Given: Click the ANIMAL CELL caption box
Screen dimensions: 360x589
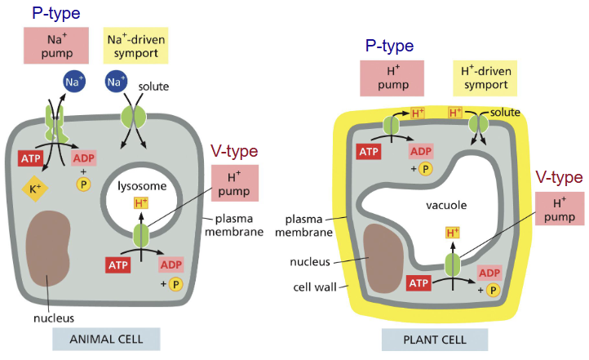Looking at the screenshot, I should pyautogui.click(x=105, y=339).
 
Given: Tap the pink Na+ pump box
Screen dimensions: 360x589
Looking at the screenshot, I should pyautogui.click(x=56, y=47).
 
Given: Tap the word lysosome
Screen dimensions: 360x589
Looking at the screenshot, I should pyautogui.click(x=142, y=186).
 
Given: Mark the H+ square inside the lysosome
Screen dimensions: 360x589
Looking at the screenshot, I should pyautogui.click(x=141, y=203).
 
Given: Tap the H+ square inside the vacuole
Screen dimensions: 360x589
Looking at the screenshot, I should pyautogui.click(x=451, y=233).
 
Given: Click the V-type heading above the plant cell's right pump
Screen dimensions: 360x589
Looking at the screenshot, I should pyautogui.click(x=559, y=177).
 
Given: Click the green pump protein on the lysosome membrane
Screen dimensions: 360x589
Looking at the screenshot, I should pyautogui.click(x=142, y=236).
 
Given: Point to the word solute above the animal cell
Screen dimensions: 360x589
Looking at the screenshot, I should pyautogui.click(x=153, y=85).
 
